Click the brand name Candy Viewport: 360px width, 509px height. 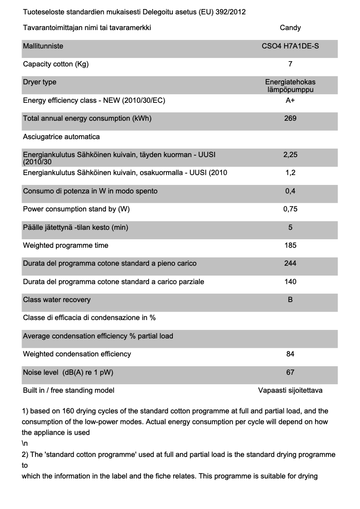(x=290, y=28)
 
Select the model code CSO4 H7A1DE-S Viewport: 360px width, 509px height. (x=290, y=46)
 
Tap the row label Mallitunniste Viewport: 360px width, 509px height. (x=43, y=46)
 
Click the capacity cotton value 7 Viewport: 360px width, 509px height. (x=290, y=64)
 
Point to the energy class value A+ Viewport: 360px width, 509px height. (x=290, y=101)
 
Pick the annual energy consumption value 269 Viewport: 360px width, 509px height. (x=290, y=118)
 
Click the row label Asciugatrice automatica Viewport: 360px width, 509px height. (x=61, y=137)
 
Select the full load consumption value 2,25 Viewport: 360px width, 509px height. (x=290, y=155)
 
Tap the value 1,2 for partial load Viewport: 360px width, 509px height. (x=290, y=173)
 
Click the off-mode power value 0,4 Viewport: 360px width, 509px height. (x=290, y=191)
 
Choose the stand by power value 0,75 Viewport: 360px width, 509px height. (x=290, y=209)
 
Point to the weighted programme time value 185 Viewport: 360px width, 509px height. (x=290, y=246)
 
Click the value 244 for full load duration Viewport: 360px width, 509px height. (x=290, y=263)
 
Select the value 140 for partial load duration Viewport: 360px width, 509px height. (x=290, y=282)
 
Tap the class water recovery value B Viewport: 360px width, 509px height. (x=290, y=300)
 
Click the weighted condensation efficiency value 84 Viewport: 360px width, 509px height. (x=290, y=354)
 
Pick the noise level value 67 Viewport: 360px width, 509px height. (x=290, y=372)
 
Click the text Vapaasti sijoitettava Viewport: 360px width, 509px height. (x=290, y=391)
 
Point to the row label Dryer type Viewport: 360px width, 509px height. (x=40, y=82)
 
